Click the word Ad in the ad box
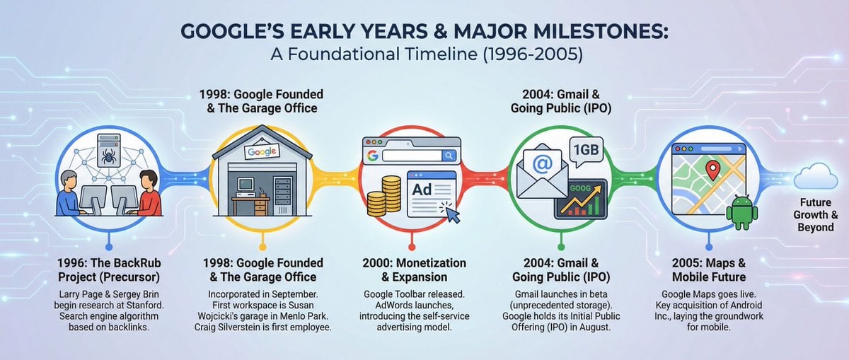click(422, 190)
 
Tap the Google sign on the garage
click(262, 152)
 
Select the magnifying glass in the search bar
click(449, 155)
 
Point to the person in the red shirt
click(146, 192)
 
